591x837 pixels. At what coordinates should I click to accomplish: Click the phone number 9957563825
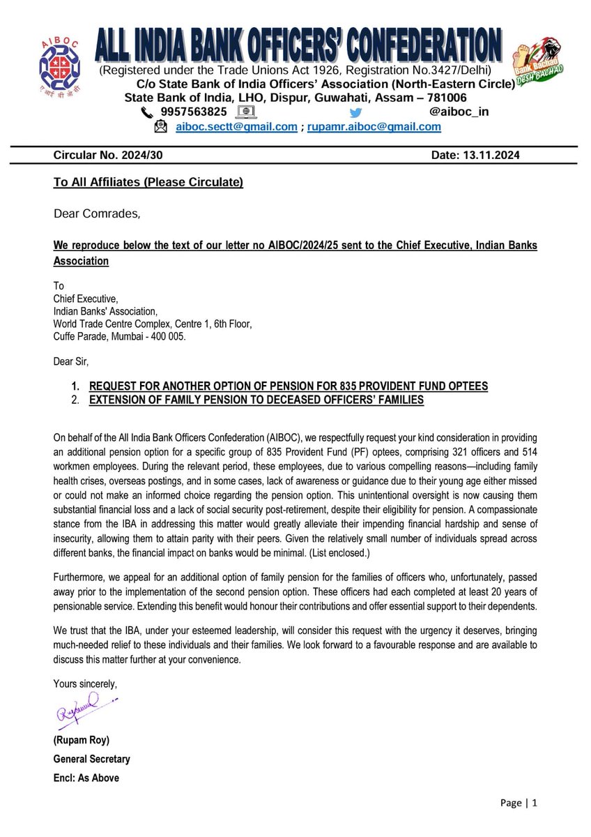pyautogui.click(x=192, y=112)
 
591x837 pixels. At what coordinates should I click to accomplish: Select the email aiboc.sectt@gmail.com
pyautogui.click(x=236, y=127)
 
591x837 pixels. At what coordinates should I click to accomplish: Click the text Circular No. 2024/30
pyautogui.click(x=109, y=156)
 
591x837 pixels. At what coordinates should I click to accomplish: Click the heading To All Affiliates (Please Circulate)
pyautogui.click(x=148, y=183)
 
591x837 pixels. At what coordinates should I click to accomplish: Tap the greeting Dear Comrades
pyautogui.click(x=97, y=213)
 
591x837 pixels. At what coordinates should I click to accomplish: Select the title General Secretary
pyautogui.click(x=91, y=760)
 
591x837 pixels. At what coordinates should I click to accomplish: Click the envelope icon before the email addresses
pyautogui.click(x=161, y=127)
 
